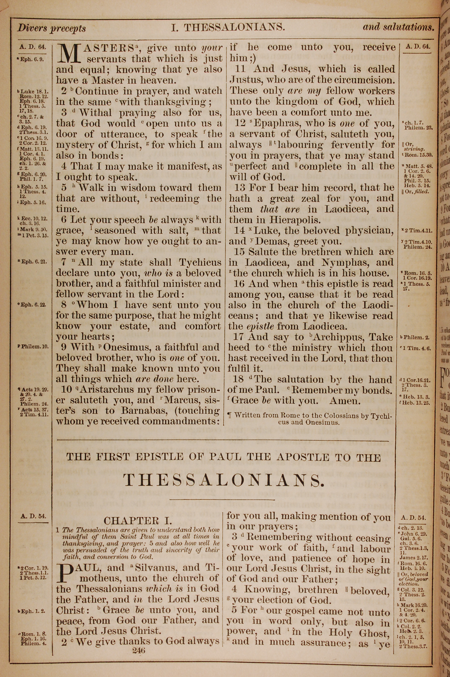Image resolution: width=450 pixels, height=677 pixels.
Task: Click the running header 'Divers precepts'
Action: tap(52, 28)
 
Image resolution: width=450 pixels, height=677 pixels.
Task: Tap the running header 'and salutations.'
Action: tap(398, 27)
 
